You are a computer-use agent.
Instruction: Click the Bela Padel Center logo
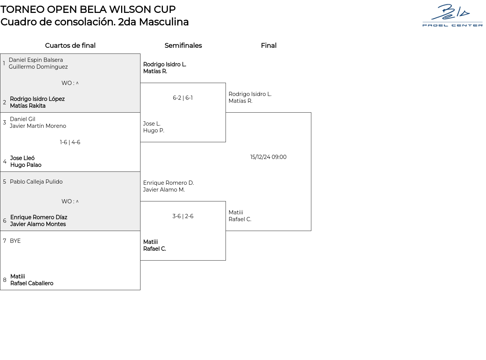tap(452, 16)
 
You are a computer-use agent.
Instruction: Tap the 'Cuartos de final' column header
tap(70, 46)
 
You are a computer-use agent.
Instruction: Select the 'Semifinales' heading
tap(183, 46)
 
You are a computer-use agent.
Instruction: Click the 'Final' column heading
tap(268, 46)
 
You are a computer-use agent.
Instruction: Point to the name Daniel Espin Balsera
tap(36, 60)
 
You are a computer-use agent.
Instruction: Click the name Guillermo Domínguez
tap(38, 67)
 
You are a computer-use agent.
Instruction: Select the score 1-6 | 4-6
tap(70, 142)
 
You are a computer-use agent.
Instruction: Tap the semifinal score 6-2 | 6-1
tap(183, 98)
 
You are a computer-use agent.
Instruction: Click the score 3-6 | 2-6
tap(183, 216)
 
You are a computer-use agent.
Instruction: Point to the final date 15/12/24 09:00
tap(268, 157)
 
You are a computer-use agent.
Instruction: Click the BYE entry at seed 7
tap(15, 241)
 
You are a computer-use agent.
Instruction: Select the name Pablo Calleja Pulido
tap(36, 182)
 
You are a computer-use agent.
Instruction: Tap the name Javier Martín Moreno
tap(38, 126)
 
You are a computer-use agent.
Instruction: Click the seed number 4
tap(5, 162)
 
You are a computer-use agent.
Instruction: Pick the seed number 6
tap(5, 221)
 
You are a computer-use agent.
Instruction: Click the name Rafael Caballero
tap(32, 283)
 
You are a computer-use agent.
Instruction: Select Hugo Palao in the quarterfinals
tap(26, 165)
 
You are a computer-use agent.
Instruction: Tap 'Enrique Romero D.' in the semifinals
tap(168, 183)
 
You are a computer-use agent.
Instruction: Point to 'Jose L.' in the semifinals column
tap(152, 124)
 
